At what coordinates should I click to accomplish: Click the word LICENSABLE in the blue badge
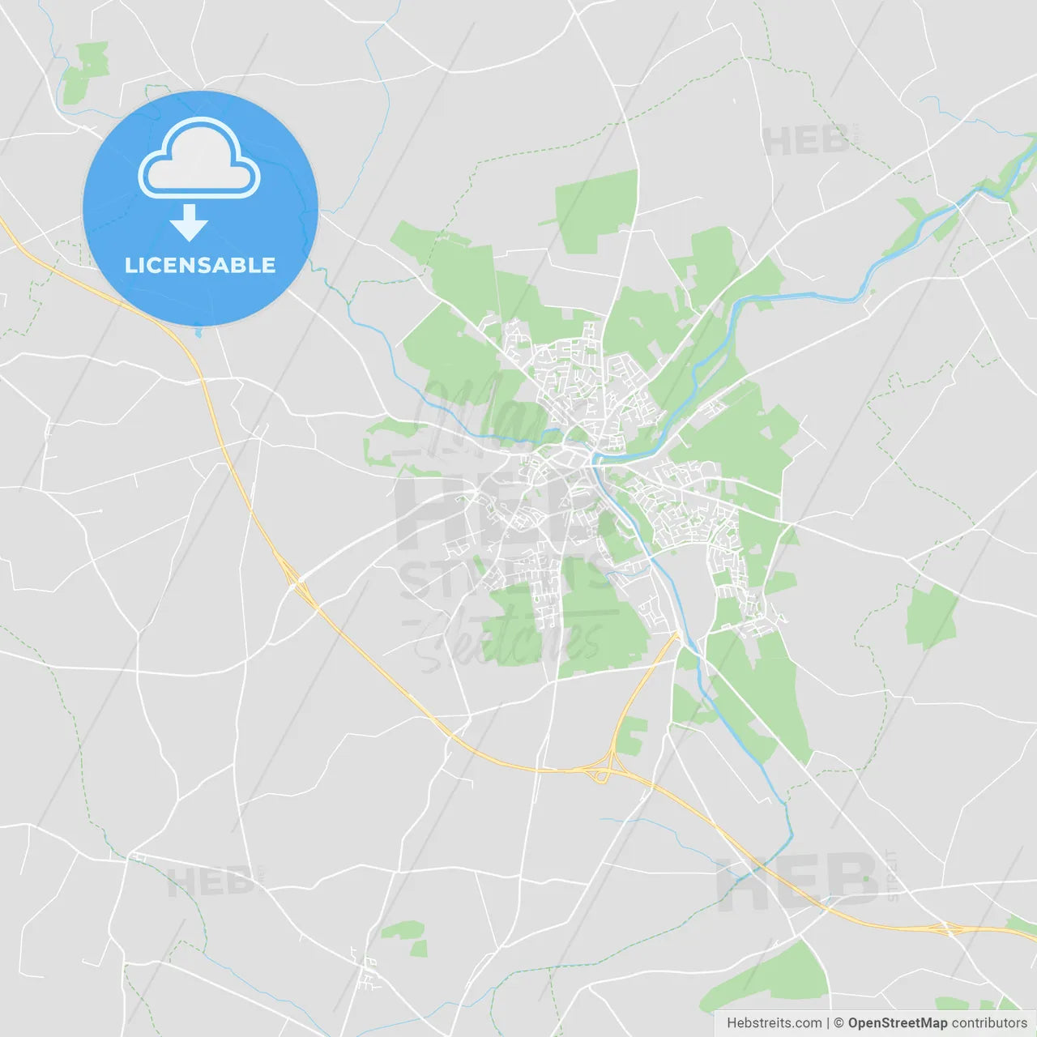click(200, 266)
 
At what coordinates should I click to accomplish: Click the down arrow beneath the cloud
click(190, 223)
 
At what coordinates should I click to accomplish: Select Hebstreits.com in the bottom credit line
click(774, 1023)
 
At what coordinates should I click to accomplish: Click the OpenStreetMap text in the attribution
click(898, 1023)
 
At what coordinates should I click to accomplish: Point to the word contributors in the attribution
click(989, 1023)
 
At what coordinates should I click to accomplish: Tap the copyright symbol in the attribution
click(839, 1023)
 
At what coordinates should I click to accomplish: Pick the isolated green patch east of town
click(932, 616)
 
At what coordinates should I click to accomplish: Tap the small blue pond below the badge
click(198, 331)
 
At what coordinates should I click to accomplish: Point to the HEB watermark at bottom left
click(211, 881)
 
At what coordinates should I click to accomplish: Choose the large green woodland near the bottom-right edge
click(778, 976)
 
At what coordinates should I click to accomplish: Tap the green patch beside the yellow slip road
click(631, 733)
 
